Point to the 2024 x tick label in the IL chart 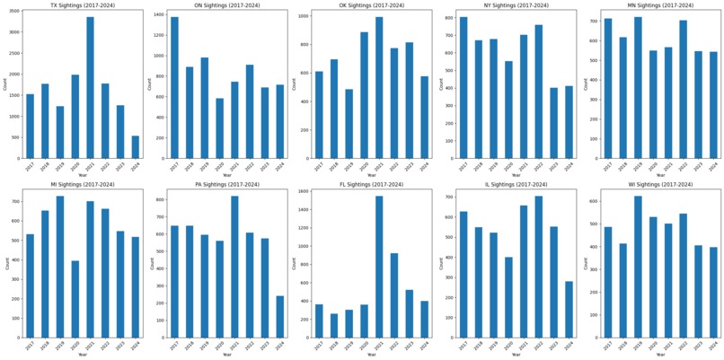[569, 345]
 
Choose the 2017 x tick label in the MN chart [609, 166]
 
